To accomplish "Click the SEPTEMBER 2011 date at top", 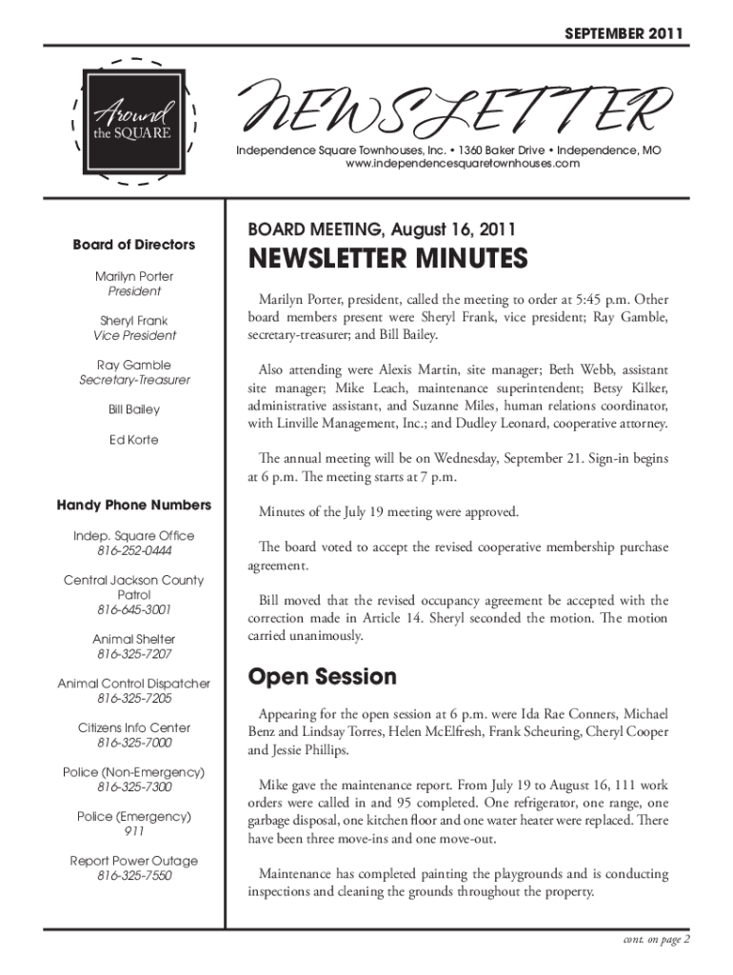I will click(x=624, y=35).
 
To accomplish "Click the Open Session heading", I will click(x=322, y=677).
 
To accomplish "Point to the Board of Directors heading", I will click(x=134, y=245).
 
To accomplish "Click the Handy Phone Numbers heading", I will click(x=134, y=505).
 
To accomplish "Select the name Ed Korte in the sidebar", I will click(x=134, y=440).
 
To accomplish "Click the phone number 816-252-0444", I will click(x=134, y=551).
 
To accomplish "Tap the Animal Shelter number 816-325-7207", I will click(x=134, y=654).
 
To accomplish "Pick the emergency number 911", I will click(x=134, y=831).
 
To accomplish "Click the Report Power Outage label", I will click(x=134, y=861).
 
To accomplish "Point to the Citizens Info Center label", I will click(x=134, y=727).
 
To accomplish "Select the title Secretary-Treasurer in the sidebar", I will click(x=134, y=380).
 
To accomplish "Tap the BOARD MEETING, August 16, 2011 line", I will click(x=382, y=229).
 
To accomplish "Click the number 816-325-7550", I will click(x=134, y=876).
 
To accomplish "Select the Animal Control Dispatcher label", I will click(x=134, y=683).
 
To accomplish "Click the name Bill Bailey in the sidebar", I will click(x=134, y=409).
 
